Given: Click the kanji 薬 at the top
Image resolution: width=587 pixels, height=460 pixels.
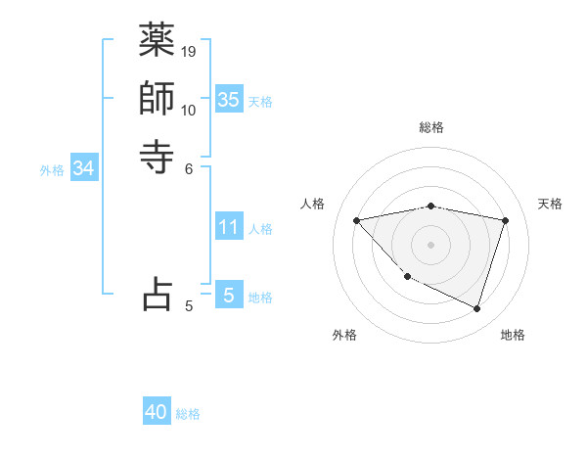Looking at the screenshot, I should coord(157,41).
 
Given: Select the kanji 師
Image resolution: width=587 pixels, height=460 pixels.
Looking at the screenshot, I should coord(157,99).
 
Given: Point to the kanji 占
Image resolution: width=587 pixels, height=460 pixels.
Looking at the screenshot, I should coord(157,294).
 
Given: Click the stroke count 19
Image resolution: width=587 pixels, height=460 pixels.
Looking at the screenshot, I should coord(189,51).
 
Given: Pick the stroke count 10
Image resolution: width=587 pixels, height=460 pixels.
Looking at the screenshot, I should coord(189,110).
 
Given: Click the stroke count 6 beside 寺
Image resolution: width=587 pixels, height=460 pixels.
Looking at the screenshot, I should coord(189,167).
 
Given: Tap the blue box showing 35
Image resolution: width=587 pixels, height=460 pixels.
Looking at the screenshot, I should coord(228,100).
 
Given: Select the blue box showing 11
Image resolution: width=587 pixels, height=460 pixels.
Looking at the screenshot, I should coord(228,227).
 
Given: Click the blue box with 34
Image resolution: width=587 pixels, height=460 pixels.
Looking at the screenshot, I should coord(84,168).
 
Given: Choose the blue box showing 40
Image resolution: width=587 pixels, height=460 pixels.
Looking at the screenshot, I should coord(157,412).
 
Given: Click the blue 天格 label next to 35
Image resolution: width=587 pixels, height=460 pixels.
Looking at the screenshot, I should coord(260,102).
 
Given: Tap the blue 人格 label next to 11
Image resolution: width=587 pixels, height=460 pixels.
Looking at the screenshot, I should coord(260,229).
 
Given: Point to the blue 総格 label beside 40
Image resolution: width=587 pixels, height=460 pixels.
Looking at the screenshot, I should coord(188,414).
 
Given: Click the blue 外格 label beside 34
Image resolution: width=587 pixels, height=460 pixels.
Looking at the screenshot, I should coord(52,170).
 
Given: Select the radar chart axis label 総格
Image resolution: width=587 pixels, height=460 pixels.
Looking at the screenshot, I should coord(431,127).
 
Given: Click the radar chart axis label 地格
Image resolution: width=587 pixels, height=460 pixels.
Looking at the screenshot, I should coord(513,335).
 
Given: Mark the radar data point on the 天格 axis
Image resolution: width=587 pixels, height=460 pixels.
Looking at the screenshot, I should coord(506,220).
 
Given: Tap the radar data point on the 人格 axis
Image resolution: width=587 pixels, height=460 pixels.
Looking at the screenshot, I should coord(357,220).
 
